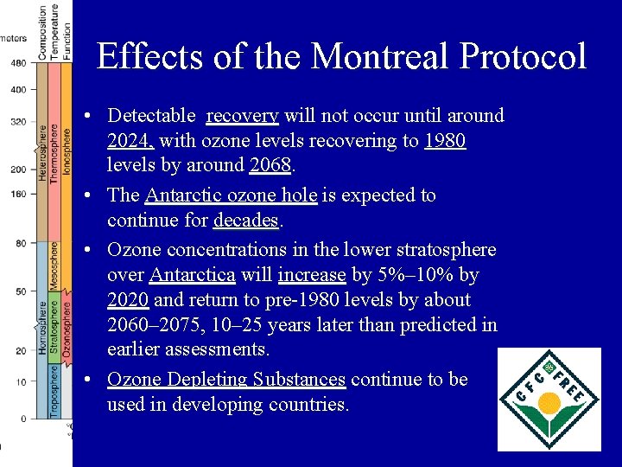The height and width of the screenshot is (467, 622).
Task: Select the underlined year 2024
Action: coord(130,140)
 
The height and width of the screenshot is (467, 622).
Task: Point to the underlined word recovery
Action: coord(243,116)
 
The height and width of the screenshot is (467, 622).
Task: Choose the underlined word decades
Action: coord(245,220)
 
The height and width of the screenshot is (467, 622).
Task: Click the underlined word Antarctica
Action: coord(192,275)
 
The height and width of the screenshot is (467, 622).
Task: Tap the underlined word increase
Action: coord(312,275)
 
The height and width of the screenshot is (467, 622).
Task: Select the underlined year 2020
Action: coord(128,300)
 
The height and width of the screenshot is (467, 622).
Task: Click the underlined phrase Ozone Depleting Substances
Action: coord(226,380)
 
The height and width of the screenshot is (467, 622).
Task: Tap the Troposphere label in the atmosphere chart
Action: coord(54,391)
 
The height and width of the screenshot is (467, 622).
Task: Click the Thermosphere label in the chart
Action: coord(54,151)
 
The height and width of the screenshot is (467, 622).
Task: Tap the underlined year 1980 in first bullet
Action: coord(445,140)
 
